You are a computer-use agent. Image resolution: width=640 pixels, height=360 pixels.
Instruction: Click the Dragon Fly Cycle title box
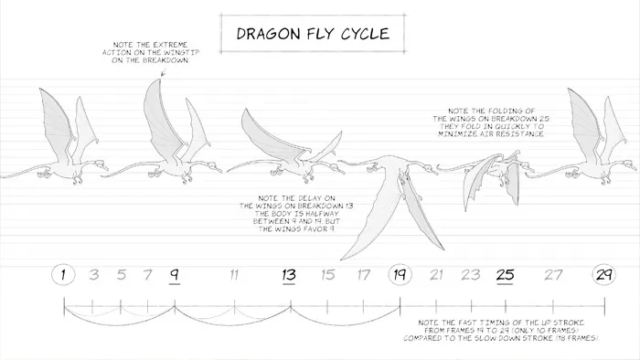(x=314, y=35)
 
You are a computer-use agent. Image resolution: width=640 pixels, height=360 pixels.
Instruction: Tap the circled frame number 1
(x=63, y=274)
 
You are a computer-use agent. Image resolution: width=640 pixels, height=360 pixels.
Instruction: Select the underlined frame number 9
(x=174, y=274)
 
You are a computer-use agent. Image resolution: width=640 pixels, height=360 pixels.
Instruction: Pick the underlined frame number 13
(x=289, y=274)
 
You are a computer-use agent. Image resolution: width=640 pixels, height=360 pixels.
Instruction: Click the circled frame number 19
(x=400, y=274)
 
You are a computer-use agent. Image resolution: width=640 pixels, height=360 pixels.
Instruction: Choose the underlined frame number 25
(x=506, y=274)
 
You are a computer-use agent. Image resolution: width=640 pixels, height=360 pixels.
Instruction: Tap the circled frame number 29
(x=604, y=274)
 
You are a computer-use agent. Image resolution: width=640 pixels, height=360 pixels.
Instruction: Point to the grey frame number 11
(x=234, y=274)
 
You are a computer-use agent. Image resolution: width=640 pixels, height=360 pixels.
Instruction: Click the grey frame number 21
(x=437, y=274)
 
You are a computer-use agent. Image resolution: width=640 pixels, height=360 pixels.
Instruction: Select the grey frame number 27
(x=554, y=274)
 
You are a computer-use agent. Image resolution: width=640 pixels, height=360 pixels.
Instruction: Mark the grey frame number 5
(x=122, y=274)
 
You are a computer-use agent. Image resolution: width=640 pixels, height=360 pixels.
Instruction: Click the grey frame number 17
(x=364, y=274)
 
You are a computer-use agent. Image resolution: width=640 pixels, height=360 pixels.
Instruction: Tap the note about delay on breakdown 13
(x=289, y=213)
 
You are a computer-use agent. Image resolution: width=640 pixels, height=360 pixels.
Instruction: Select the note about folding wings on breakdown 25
(x=489, y=122)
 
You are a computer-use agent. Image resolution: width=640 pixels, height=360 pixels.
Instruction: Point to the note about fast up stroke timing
(x=500, y=330)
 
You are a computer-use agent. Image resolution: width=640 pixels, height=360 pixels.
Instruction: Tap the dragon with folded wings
(x=494, y=178)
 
